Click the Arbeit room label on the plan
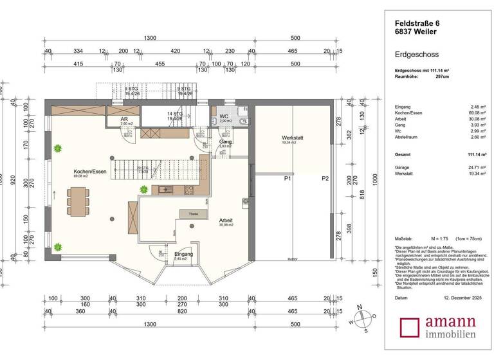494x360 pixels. (225, 221)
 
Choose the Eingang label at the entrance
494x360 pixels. (183, 254)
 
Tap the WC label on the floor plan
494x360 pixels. (224, 116)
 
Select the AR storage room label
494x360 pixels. (124, 120)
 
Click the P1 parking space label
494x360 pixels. (288, 178)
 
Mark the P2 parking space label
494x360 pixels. (325, 178)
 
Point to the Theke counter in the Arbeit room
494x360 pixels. (193, 213)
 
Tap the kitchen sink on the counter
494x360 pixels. (163, 189)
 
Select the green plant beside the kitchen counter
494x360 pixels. (143, 189)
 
